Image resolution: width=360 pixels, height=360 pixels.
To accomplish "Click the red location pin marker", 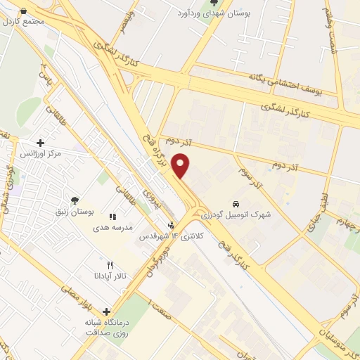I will pyautogui.click(x=181, y=167).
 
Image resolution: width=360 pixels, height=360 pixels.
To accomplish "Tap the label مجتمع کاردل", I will pyautogui.click(x=23, y=21).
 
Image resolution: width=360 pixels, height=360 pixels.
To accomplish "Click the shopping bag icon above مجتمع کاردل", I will pyautogui.click(x=23, y=11).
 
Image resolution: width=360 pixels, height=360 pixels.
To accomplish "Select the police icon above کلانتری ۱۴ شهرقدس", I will pyautogui.click(x=170, y=226).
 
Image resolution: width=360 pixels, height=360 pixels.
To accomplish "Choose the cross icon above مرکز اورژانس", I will pyautogui.click(x=41, y=143).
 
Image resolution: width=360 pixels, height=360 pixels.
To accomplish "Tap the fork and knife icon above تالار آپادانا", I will pyautogui.click(x=108, y=265).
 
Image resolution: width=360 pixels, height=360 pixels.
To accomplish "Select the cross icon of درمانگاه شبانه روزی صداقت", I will pyautogui.click(x=106, y=311).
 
